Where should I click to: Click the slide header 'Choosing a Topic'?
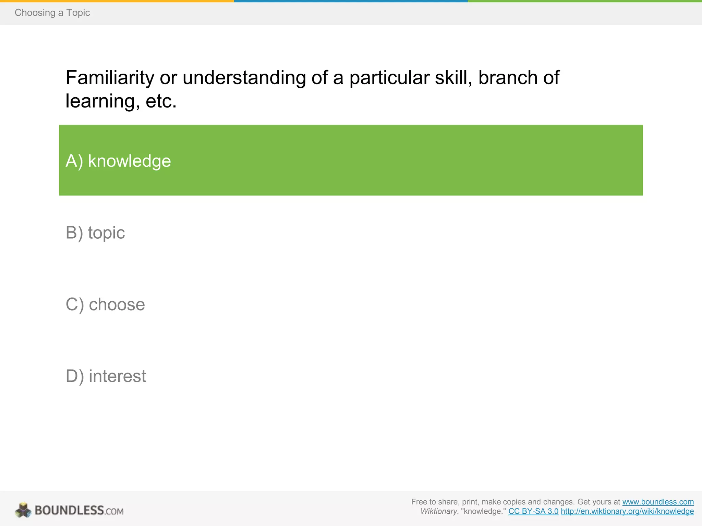click(52, 13)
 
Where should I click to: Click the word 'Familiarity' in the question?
click(110, 78)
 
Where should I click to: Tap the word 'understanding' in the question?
click(244, 78)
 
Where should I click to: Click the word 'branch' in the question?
click(508, 78)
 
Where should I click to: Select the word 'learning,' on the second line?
click(102, 101)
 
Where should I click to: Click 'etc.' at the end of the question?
click(161, 101)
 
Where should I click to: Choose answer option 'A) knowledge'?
click(118, 161)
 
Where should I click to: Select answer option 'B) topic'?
click(95, 233)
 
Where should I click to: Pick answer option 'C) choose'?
click(105, 304)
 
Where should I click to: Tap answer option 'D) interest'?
click(106, 376)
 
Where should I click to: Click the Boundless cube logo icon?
click(23, 510)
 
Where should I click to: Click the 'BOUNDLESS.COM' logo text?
click(79, 511)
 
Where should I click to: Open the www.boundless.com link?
click(658, 502)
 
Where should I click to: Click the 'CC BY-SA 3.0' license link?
click(533, 512)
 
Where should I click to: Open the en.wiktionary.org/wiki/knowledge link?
click(627, 512)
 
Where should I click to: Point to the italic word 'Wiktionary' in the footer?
click(439, 512)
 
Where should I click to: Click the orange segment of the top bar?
click(117, 1)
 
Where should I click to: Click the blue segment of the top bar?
click(351, 1)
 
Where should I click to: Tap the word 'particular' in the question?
click(389, 78)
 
